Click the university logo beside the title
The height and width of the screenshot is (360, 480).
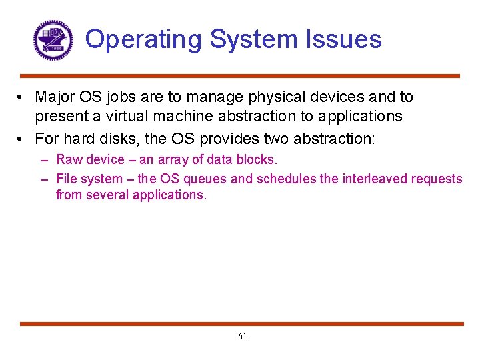coord(53,40)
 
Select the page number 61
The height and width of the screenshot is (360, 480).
coord(242,337)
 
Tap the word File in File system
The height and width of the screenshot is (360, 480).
coord(67,179)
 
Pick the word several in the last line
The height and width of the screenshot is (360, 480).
coord(109,195)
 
